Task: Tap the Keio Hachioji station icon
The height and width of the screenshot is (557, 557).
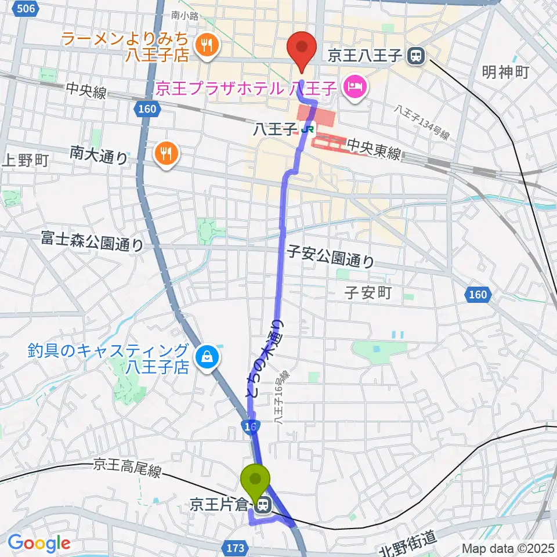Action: (415, 56)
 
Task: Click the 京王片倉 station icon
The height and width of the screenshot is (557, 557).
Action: (263, 506)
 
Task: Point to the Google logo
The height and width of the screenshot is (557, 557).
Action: (38, 543)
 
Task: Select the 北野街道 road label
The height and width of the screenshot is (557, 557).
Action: (408, 544)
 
